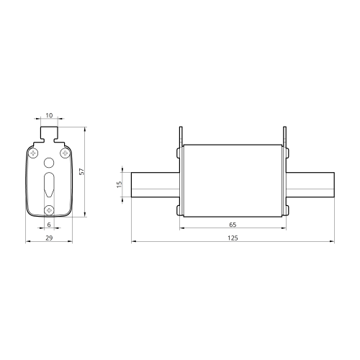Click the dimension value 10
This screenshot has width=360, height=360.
click(49, 115)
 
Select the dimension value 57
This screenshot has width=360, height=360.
click(82, 171)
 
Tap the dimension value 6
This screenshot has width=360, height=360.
click(49, 225)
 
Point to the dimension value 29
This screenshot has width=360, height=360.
click(49, 238)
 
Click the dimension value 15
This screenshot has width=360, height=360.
click(120, 184)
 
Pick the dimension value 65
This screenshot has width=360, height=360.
click(233, 225)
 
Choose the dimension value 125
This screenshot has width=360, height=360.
click(233, 238)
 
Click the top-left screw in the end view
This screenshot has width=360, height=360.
click(33, 153)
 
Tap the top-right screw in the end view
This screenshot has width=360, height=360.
click(65, 153)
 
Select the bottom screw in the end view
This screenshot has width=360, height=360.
click(49, 210)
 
